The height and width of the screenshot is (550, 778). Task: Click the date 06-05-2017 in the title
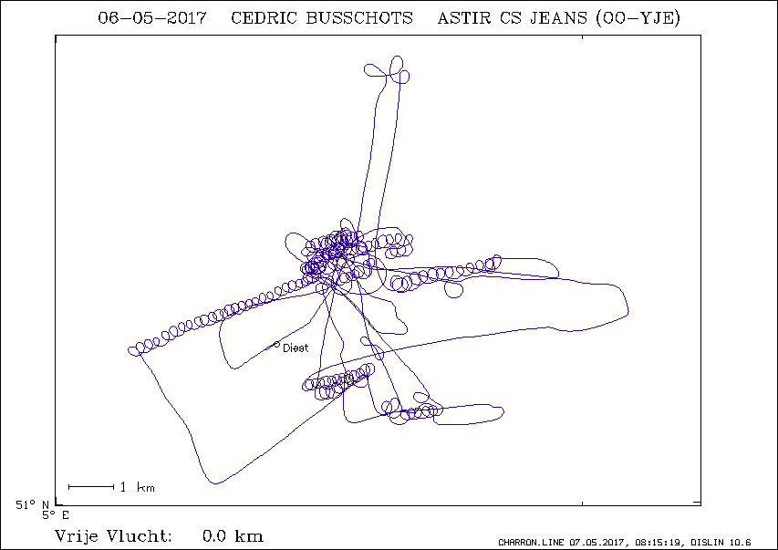(151, 18)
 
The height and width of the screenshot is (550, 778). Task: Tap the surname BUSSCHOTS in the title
(359, 18)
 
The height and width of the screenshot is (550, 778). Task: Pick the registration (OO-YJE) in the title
(638, 18)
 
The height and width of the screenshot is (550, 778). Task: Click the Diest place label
(296, 348)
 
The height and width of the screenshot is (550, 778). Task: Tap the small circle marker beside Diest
(277, 345)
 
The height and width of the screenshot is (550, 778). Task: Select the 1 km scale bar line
(91, 487)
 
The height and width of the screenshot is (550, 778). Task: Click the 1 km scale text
(138, 487)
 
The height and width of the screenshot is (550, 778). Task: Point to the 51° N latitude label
(32, 505)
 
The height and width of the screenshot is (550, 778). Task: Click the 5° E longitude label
(56, 515)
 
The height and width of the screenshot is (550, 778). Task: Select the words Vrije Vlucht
(113, 536)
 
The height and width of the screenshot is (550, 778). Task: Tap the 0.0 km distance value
(233, 536)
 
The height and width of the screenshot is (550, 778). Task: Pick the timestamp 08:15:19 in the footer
(658, 543)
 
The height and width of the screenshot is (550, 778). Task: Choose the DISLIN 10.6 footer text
(721, 543)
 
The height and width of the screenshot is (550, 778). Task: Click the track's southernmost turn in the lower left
(214, 483)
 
